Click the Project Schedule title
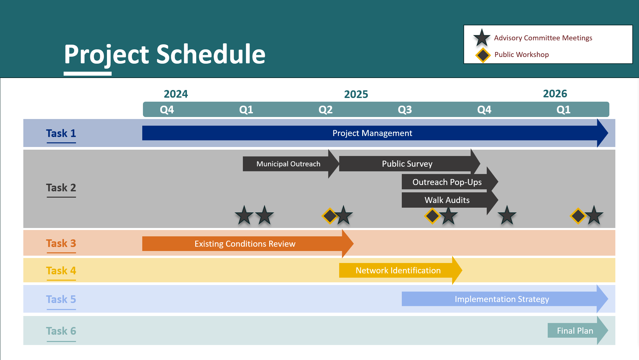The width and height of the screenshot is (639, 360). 165,54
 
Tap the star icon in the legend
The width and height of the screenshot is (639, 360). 482,38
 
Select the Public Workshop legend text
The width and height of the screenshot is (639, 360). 521,55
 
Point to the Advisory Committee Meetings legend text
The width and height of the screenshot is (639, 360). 543,38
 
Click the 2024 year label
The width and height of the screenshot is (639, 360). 176,94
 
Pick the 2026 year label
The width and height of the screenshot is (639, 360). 555,94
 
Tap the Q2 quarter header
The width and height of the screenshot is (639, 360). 325,110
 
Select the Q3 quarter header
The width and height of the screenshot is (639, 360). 405,110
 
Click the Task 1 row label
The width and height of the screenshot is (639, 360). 61,133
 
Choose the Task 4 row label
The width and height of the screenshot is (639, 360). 61,271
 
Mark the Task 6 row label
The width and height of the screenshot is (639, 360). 61,331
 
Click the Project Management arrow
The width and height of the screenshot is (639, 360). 375,133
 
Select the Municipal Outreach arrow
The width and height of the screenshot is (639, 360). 291,164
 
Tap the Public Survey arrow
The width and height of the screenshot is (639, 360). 409,164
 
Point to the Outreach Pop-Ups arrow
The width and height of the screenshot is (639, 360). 450,182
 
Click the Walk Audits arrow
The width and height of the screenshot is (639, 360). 450,200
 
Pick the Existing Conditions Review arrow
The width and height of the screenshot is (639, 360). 248,244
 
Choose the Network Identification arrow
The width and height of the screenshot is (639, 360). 400,270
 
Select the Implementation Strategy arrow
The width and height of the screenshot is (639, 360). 505,299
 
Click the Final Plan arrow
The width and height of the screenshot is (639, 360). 578,330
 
